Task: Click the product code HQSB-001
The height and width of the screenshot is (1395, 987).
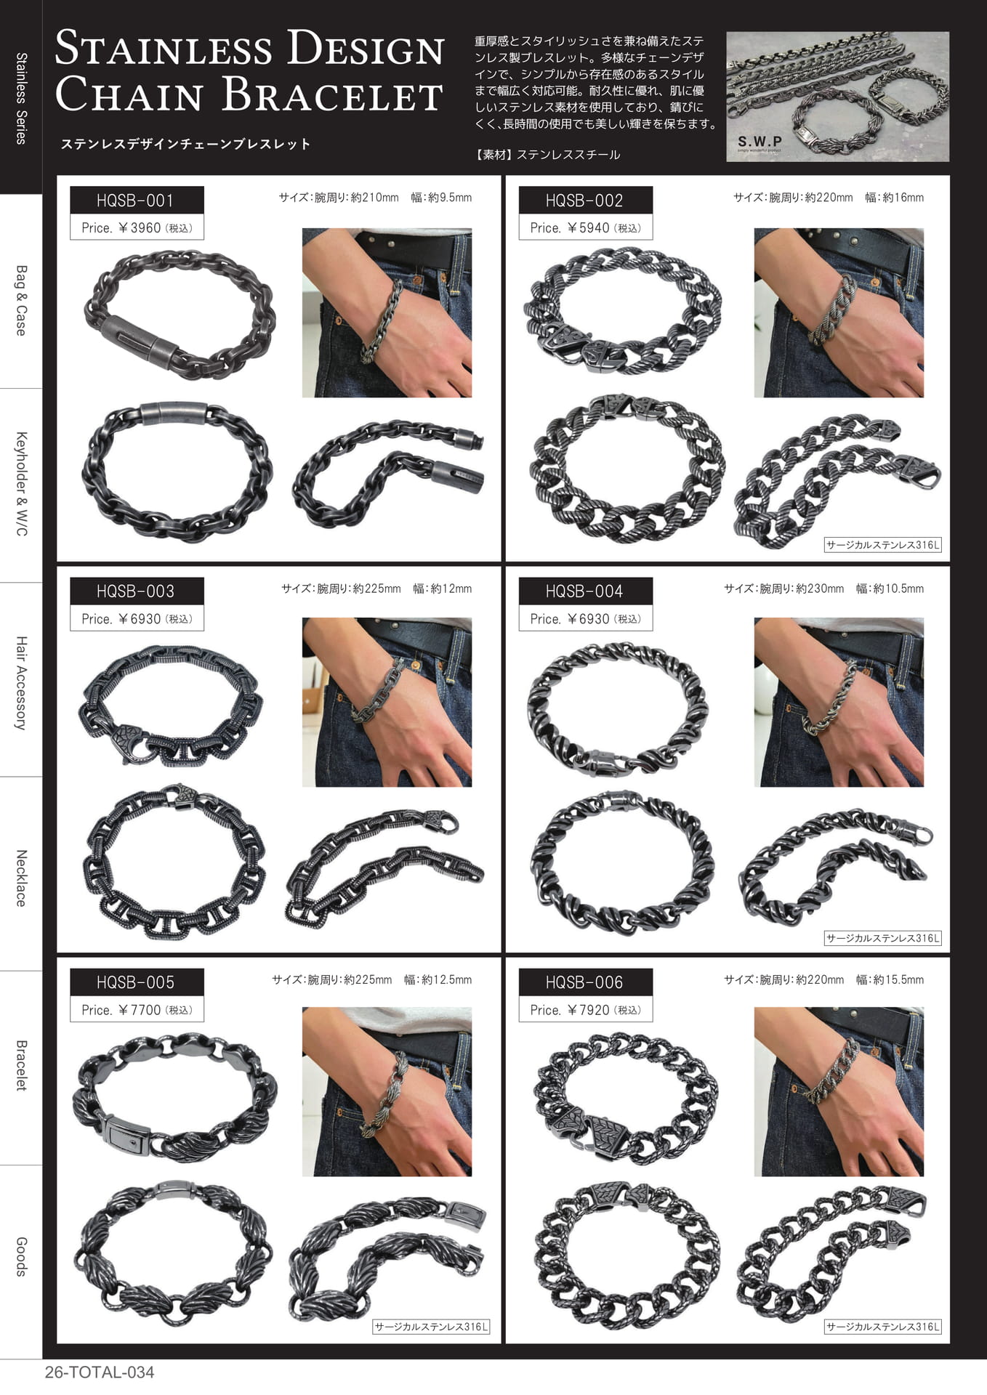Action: point(136,201)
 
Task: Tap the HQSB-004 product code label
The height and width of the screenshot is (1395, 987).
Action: point(585,591)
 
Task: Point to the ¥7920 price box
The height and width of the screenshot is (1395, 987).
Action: point(585,1009)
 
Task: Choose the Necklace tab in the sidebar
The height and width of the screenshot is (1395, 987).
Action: point(21,878)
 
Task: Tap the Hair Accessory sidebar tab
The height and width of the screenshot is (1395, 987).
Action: point(21,683)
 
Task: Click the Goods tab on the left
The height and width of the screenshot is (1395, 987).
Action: point(21,1257)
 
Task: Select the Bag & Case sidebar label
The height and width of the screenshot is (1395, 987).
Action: point(21,300)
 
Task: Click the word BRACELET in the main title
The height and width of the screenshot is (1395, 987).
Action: point(331,95)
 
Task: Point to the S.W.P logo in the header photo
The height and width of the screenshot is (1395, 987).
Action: point(760,142)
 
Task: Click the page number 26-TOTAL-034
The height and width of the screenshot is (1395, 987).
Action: point(100,1372)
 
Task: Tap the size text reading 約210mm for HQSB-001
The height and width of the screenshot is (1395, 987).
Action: point(374,198)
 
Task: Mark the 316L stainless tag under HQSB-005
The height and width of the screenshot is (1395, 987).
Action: point(432,1327)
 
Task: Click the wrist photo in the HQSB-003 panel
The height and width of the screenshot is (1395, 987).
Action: point(387,702)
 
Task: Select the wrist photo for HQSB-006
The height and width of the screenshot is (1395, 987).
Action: point(839,1091)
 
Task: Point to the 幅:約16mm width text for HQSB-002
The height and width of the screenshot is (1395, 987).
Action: point(895,198)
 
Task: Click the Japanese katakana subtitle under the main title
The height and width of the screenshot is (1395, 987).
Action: point(185,144)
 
